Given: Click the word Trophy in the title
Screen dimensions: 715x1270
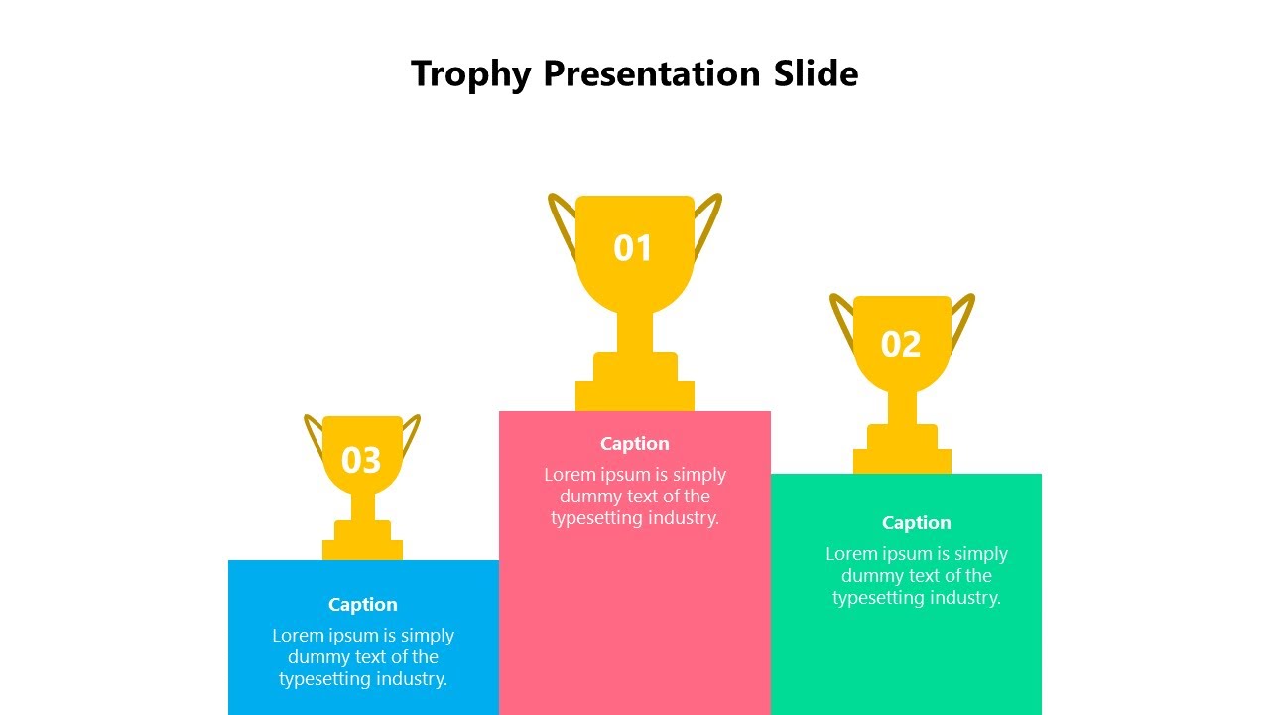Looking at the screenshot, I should tap(471, 74).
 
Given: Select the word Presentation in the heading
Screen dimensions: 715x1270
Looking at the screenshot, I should tap(652, 74).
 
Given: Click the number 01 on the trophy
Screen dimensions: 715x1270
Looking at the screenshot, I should tap(633, 248).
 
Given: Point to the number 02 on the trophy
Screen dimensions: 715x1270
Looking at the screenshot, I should tap(901, 345).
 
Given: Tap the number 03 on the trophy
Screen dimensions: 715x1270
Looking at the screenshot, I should tap(361, 461).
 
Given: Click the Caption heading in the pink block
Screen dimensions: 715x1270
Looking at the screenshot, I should tap(635, 444).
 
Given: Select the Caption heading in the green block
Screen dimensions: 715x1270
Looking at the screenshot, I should tap(916, 523).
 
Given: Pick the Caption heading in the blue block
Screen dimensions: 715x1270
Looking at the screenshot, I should tap(363, 605).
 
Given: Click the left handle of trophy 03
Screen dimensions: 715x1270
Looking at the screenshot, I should tap(313, 437).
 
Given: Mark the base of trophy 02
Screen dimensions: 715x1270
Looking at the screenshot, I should tap(902, 460).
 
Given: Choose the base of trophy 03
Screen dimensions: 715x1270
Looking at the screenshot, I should tap(362, 548).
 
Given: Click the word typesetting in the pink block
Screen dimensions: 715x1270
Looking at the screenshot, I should tap(597, 518).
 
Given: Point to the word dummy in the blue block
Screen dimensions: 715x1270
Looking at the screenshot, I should tap(314, 657).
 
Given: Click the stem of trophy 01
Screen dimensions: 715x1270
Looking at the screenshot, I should tap(635, 332).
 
